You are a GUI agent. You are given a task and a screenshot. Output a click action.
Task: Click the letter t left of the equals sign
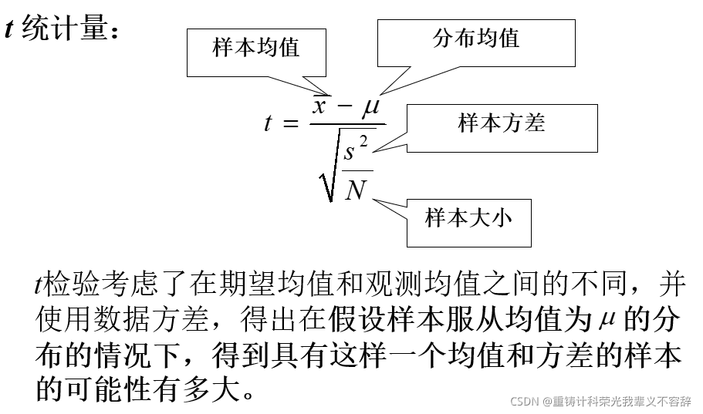[x=268, y=123]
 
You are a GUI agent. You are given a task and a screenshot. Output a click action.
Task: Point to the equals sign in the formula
[x=291, y=123]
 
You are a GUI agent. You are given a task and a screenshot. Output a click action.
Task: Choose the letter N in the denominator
[x=356, y=189]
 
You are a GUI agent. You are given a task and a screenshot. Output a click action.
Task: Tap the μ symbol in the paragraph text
[x=605, y=318]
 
